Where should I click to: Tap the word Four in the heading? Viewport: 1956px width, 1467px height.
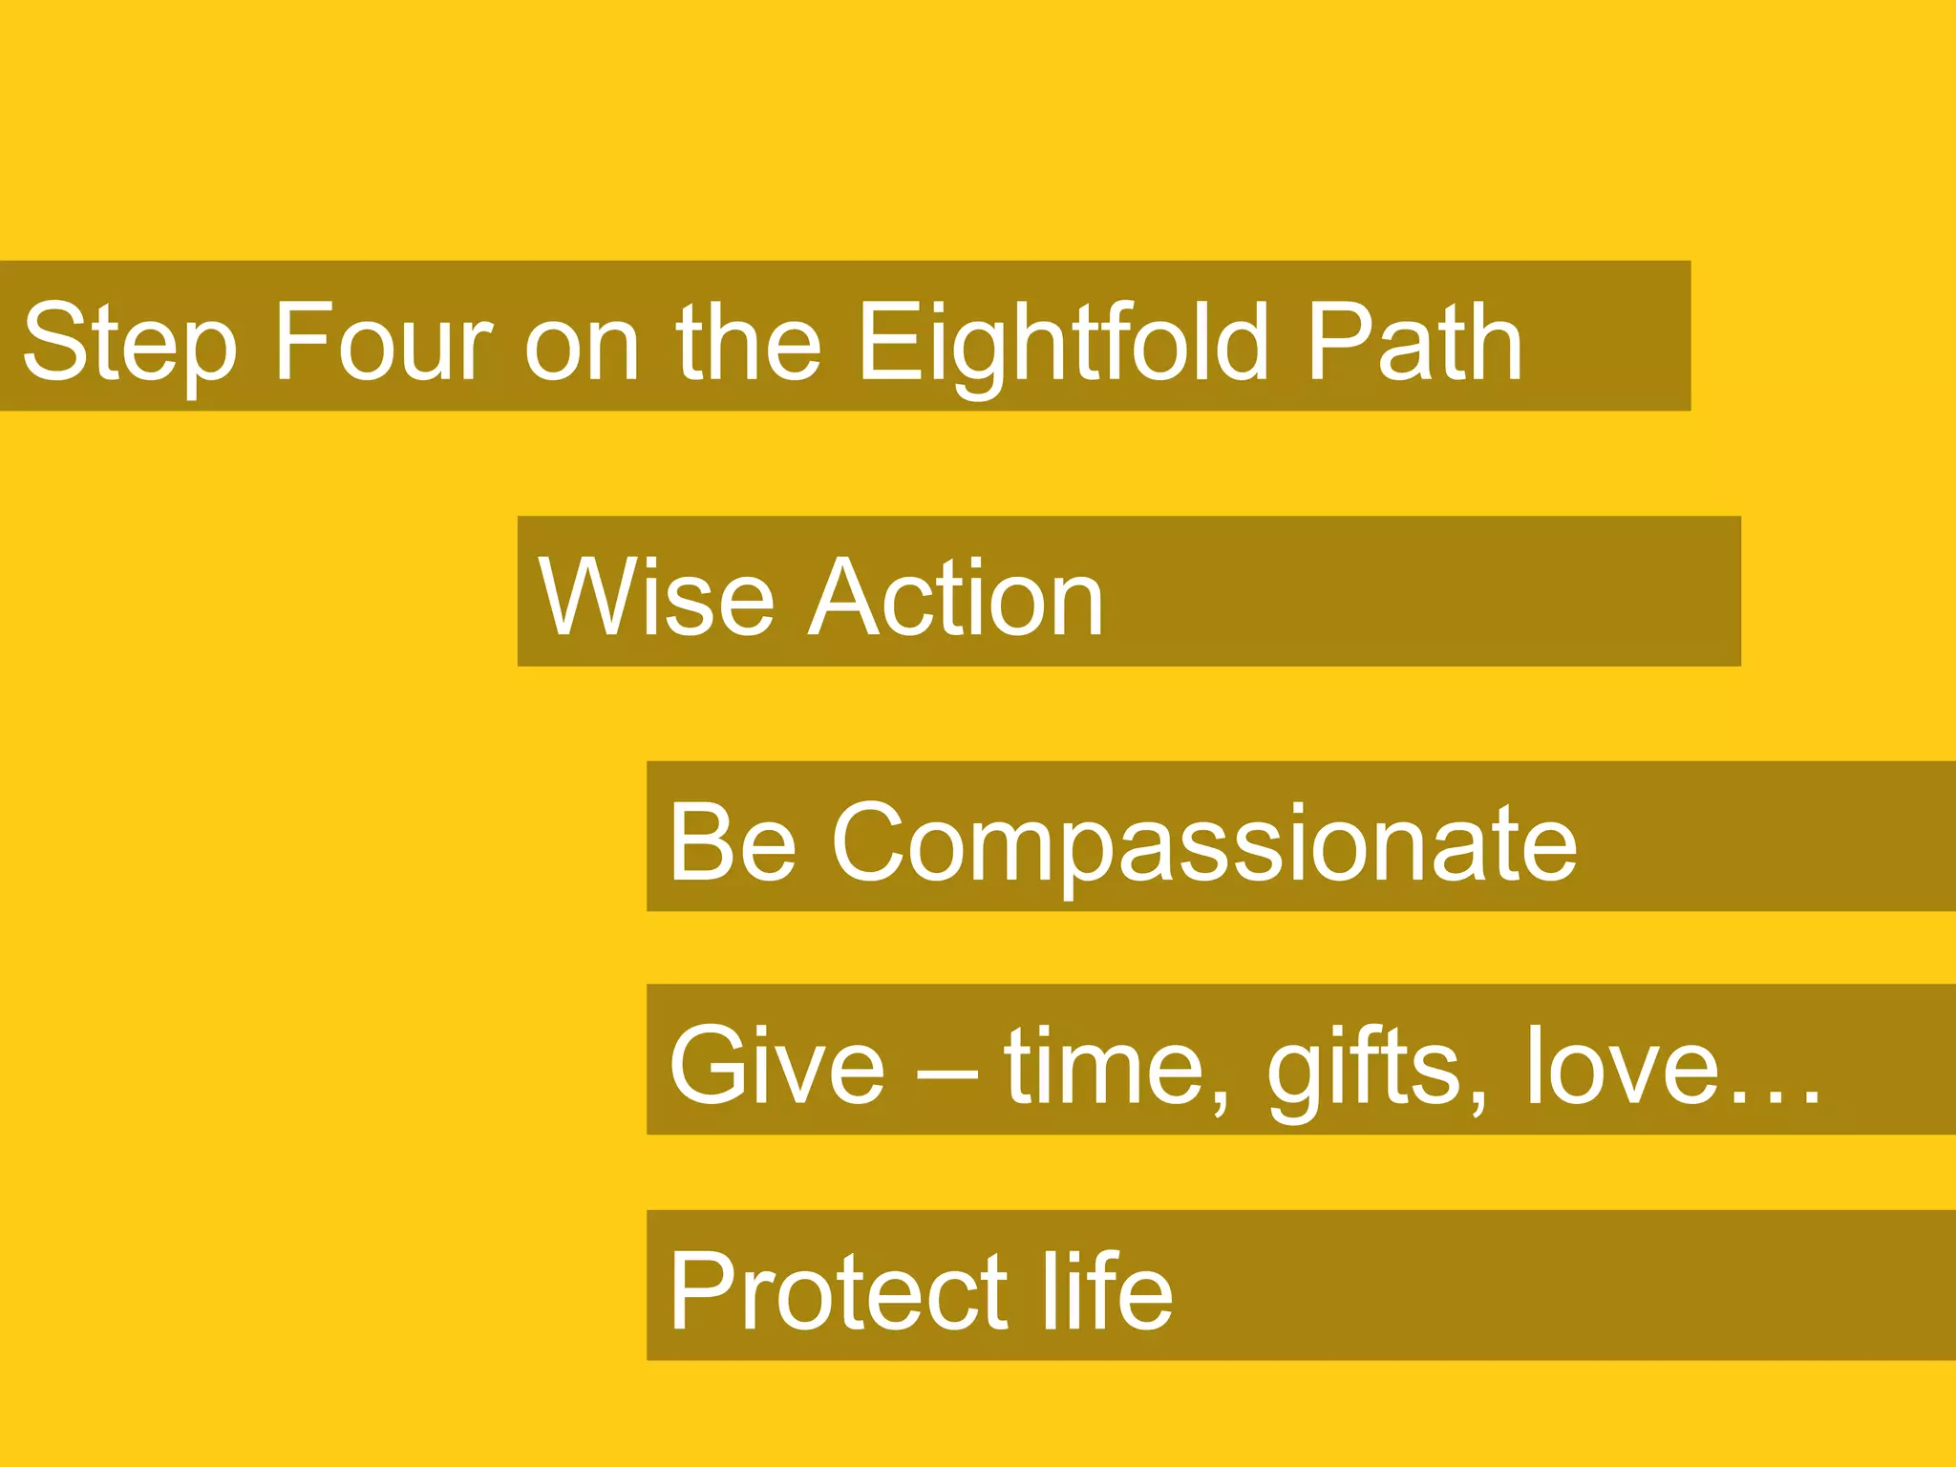pos(382,342)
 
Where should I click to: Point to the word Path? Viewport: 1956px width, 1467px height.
pos(1414,342)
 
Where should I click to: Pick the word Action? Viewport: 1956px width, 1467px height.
pos(956,598)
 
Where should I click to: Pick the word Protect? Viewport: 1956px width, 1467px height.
pos(838,1291)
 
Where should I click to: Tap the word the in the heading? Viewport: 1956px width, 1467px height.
pos(748,342)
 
